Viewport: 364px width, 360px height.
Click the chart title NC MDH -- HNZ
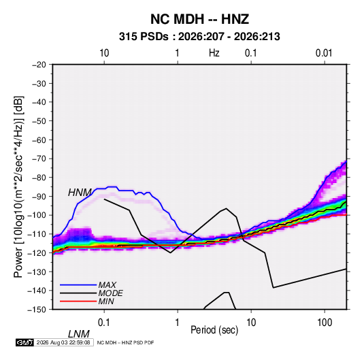coord(199,19)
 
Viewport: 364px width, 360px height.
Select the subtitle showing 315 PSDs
coord(199,37)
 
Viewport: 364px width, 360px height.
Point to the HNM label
coord(80,193)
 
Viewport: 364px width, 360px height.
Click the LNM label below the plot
coord(79,334)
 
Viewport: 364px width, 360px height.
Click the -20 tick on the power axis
coord(39,65)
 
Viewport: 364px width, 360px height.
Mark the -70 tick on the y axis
coord(39,159)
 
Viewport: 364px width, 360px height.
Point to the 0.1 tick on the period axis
coord(104,323)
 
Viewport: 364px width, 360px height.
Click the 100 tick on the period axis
coord(325,323)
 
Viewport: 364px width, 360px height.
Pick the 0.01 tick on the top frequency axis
coord(324,53)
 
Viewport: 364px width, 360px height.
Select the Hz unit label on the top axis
coord(214,53)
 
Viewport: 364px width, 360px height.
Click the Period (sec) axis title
coord(214,330)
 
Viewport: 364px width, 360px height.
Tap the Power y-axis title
coord(18,187)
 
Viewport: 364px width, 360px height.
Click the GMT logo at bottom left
coord(25,342)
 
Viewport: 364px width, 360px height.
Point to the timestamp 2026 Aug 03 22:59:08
coord(63,342)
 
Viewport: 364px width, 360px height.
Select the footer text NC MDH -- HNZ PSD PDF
coord(125,342)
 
